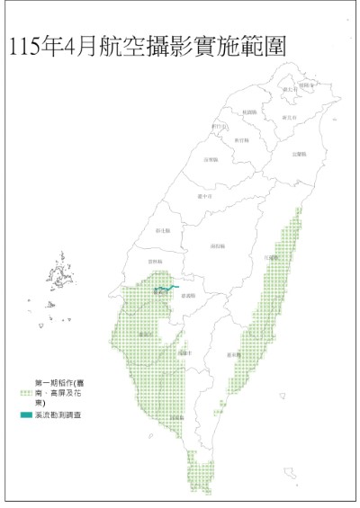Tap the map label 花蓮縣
pos(271,256)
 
